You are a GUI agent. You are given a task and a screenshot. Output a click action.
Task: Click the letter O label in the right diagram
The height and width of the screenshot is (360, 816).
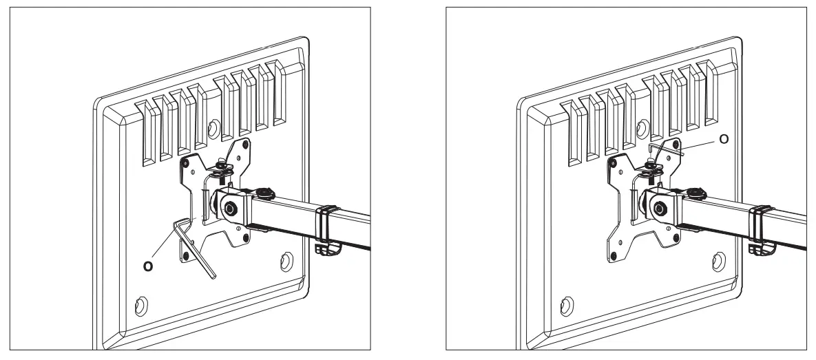point(723,139)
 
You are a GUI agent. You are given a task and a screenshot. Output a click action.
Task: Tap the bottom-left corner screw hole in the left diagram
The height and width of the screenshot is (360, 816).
point(141,304)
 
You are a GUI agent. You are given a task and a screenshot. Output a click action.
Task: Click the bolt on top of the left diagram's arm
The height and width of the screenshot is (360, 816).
point(264,189)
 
